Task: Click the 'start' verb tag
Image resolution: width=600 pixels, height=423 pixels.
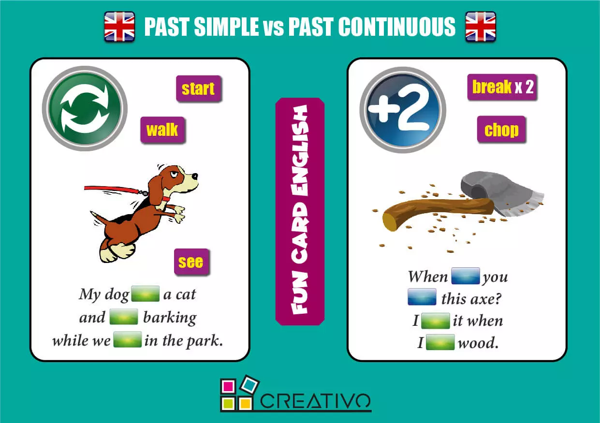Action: pyautogui.click(x=198, y=89)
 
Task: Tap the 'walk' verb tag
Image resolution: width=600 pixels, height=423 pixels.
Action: pyautogui.click(x=162, y=130)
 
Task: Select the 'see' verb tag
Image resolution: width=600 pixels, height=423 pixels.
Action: pyautogui.click(x=191, y=262)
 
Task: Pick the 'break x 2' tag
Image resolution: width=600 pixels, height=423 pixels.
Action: pyautogui.click(x=502, y=87)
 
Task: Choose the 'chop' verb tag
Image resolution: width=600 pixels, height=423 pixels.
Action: pyautogui.click(x=501, y=130)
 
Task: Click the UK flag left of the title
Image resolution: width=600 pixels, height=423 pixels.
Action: pyautogui.click(x=119, y=27)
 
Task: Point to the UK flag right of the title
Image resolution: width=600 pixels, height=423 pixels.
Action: pyautogui.click(x=481, y=27)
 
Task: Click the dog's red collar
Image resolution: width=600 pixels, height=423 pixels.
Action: pyautogui.click(x=165, y=198)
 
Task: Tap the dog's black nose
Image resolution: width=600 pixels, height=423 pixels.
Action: pyautogui.click(x=195, y=177)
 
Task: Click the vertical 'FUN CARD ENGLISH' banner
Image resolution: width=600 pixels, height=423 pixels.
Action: pyautogui.click(x=300, y=211)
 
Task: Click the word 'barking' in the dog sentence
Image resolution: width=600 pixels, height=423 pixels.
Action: pyautogui.click(x=170, y=318)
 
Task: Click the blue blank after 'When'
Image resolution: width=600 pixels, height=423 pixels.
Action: pyautogui.click(x=465, y=276)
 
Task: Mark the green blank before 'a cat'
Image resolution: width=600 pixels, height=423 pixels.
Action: pyautogui.click(x=146, y=294)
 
